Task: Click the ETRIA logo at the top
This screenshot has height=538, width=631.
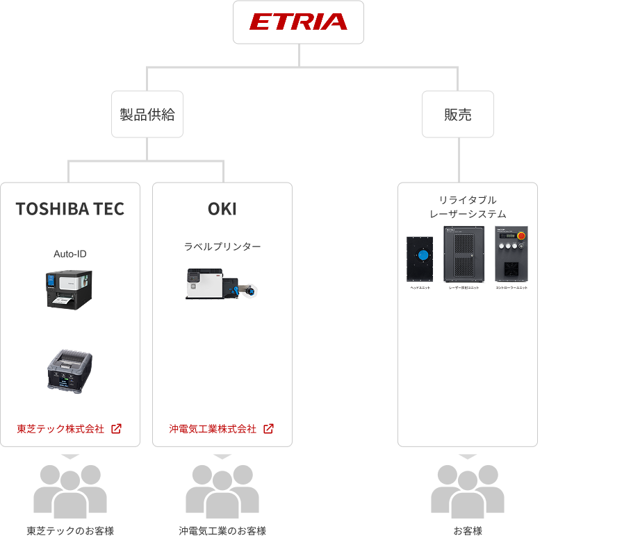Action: pyautogui.click(x=298, y=22)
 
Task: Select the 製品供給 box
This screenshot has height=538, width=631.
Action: pyautogui.click(x=147, y=115)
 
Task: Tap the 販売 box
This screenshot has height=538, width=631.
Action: pyautogui.click(x=458, y=115)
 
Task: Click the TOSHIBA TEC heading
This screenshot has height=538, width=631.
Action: pyautogui.click(x=70, y=209)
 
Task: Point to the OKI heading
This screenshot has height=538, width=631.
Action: pyautogui.click(x=222, y=209)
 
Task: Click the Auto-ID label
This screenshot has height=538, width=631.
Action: pyautogui.click(x=70, y=254)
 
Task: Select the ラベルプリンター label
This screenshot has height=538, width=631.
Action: pyautogui.click(x=222, y=246)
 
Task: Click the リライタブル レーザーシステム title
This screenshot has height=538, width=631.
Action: pyautogui.click(x=468, y=207)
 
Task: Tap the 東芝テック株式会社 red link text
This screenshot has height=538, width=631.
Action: pyautogui.click(x=60, y=429)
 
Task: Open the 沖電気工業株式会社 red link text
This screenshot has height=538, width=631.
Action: pyautogui.click(x=213, y=429)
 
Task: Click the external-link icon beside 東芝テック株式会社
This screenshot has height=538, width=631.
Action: pyautogui.click(x=116, y=429)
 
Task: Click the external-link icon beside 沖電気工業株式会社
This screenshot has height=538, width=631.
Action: pyautogui.click(x=268, y=429)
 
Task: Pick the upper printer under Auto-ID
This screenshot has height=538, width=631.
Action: pyautogui.click(x=69, y=288)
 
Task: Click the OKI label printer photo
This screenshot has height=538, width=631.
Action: pyautogui.click(x=222, y=283)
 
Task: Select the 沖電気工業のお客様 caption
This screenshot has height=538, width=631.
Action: pyautogui.click(x=222, y=531)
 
